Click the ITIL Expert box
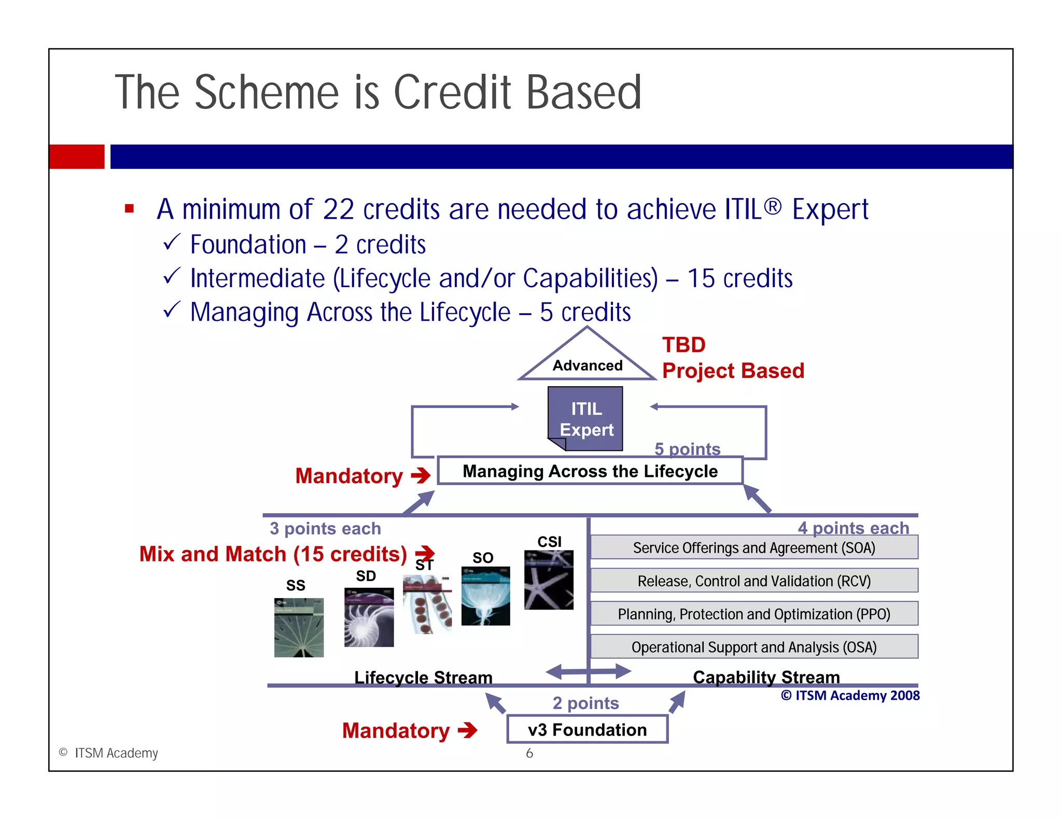(586, 419)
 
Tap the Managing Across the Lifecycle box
(590, 471)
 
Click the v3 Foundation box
(587, 729)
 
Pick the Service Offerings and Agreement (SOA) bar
(754, 547)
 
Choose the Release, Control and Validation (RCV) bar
(754, 581)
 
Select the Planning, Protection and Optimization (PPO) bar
(754, 614)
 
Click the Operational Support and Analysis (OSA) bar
(754, 647)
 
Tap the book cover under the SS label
(299, 627)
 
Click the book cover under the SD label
(369, 617)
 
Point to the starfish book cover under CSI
(549, 580)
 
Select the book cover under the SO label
(485, 596)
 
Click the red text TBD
(683, 345)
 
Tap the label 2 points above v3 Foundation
(585, 703)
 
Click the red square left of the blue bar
(77, 157)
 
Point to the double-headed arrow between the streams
(588, 671)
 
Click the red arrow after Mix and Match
(425, 554)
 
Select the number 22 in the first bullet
(338, 209)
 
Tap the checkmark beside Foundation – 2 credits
(172, 242)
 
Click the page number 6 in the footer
(529, 753)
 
